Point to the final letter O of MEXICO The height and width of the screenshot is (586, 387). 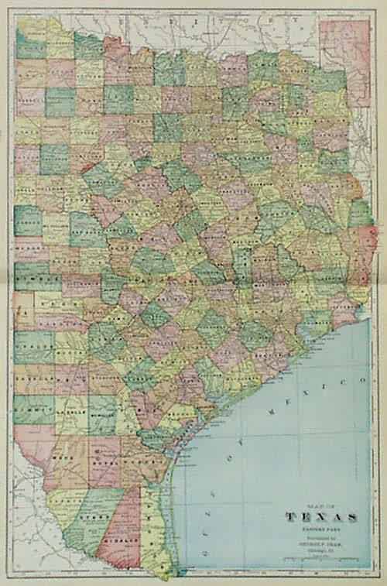(x=361, y=382)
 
